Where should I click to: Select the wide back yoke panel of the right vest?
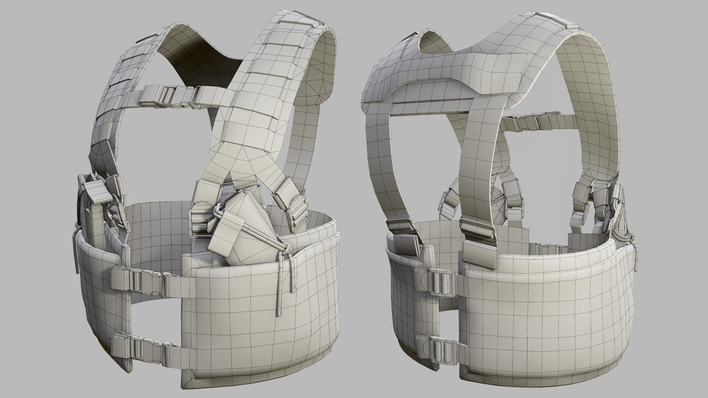coord(442,74)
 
